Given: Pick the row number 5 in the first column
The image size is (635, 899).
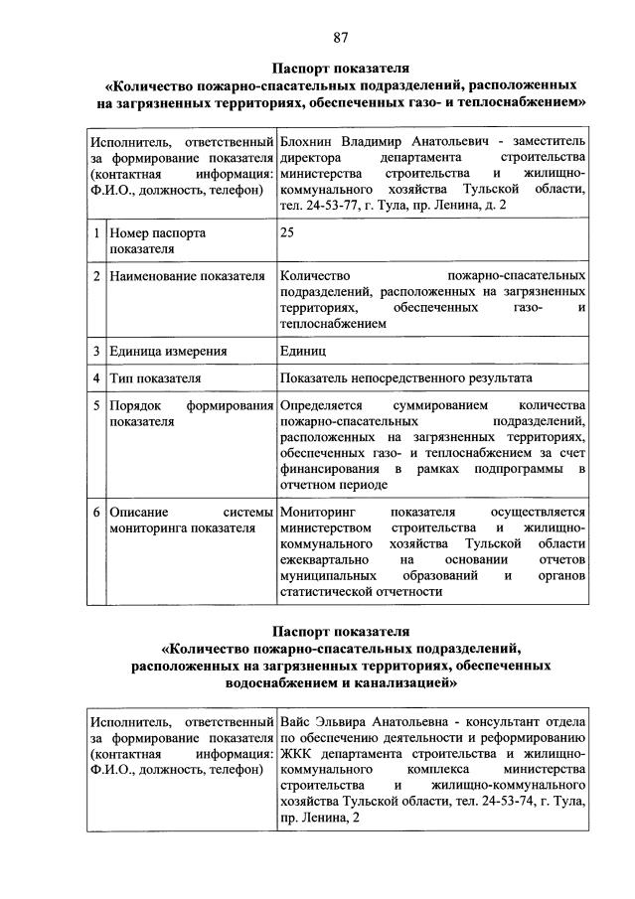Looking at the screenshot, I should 96,406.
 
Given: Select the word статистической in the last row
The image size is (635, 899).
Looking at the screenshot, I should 327,592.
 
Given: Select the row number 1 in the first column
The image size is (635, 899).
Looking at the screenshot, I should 96,232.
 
